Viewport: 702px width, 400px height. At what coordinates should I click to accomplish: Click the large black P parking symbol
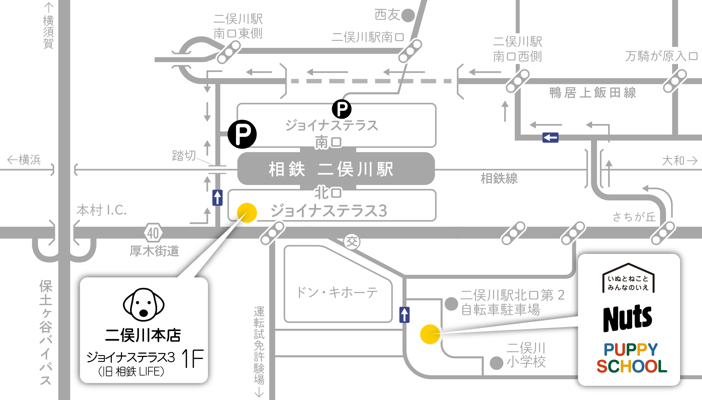tap(242, 134)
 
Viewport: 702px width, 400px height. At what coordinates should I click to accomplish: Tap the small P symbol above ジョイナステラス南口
tap(342, 109)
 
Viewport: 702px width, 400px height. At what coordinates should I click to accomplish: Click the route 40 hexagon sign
tap(153, 233)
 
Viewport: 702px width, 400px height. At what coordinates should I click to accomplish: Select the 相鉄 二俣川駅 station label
tap(331, 169)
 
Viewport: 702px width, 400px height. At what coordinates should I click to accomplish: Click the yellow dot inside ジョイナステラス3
tap(247, 213)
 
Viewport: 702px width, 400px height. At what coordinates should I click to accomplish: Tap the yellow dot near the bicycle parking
tap(430, 334)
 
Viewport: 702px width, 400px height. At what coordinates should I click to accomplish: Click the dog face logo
tap(144, 305)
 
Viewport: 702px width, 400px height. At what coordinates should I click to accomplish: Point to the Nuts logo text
tap(627, 318)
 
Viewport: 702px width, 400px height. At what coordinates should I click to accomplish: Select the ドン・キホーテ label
tap(337, 292)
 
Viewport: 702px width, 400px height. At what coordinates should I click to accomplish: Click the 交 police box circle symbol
tap(352, 242)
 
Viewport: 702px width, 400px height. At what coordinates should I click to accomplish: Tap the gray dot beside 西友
tap(408, 15)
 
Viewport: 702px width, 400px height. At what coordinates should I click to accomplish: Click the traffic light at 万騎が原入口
tap(675, 81)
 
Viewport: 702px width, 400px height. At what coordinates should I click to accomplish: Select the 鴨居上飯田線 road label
tap(593, 93)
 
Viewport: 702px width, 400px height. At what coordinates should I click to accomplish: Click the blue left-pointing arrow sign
tap(550, 138)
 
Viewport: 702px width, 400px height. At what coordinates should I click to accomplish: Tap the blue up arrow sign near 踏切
tap(217, 197)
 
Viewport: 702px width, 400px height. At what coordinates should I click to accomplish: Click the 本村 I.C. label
tap(102, 210)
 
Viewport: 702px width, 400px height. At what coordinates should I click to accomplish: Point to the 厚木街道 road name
tap(155, 251)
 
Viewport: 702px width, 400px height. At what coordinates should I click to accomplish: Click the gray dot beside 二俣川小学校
tap(496, 363)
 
